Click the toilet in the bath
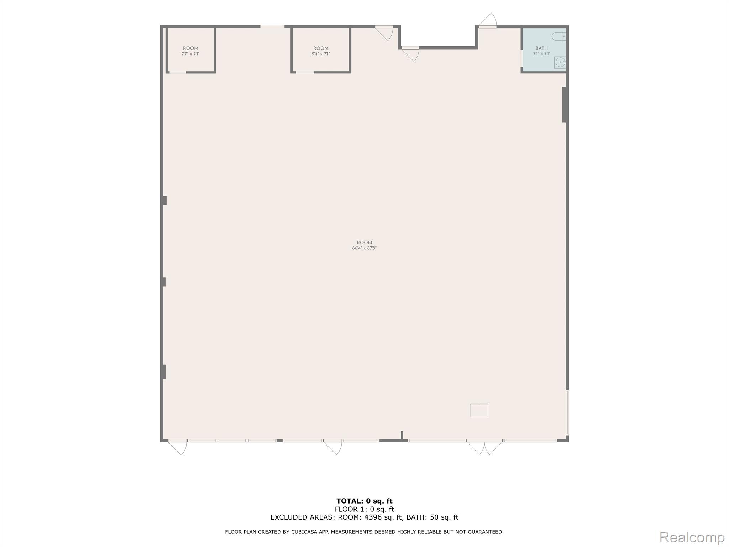pos(558,36)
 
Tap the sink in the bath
pos(560,63)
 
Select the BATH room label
pos(541,48)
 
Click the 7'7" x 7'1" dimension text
pos(190,54)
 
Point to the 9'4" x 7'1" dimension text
pos(321,54)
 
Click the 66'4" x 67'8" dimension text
pos(364,248)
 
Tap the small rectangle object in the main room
pos(479,410)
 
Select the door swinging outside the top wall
pos(488,21)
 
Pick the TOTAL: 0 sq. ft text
pos(364,501)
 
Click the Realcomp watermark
pos(692,537)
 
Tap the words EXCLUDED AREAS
pos(303,517)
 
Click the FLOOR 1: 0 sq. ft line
pos(364,509)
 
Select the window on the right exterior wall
pos(567,412)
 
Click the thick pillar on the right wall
pos(564,104)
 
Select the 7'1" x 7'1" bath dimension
pos(541,54)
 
